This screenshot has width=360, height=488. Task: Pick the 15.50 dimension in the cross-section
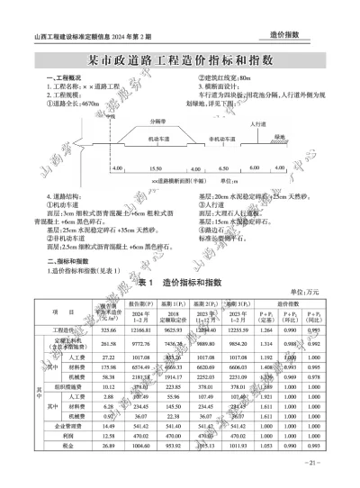[x=156, y=168]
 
